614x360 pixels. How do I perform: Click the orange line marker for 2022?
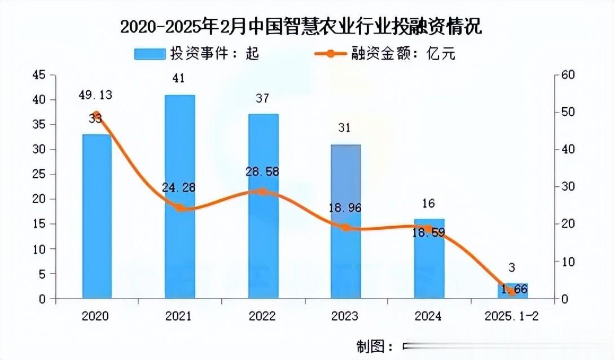(x=262, y=191)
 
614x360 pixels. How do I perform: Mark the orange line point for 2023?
(x=345, y=228)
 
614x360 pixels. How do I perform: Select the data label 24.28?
(x=178, y=187)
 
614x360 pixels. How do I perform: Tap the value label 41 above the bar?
(x=179, y=78)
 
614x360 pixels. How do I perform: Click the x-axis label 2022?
(x=262, y=316)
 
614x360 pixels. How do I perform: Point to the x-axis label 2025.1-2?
(x=511, y=316)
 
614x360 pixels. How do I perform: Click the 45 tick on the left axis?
(x=39, y=75)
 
